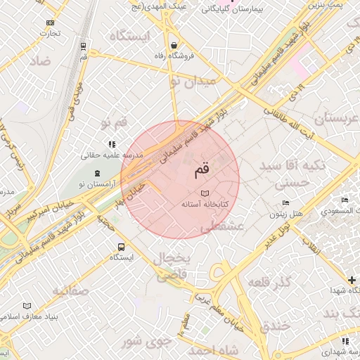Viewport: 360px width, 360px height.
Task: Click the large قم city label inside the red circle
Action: tap(200, 169)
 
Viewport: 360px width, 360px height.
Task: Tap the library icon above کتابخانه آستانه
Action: tap(205, 193)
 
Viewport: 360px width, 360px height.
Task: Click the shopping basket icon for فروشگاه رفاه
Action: tap(173, 45)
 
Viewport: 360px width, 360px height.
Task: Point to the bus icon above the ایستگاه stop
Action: tap(121, 247)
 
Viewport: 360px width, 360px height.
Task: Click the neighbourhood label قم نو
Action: tap(114, 123)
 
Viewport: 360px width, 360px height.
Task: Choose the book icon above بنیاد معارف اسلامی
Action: tap(27, 306)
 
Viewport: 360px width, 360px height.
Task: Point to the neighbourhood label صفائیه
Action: tap(71, 290)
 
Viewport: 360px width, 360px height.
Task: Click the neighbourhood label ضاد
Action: tap(40, 61)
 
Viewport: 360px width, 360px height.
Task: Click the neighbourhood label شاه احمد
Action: tap(214, 349)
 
